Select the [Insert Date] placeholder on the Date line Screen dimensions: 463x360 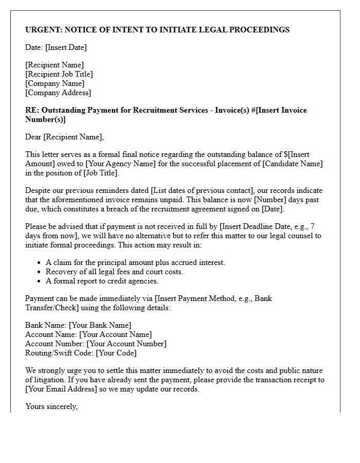[x=66, y=47]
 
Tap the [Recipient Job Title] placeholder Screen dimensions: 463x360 [x=59, y=74]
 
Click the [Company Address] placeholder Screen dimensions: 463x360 [x=58, y=93]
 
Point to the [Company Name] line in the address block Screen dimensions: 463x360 [x=55, y=83]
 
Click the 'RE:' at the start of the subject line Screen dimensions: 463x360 [x=32, y=110]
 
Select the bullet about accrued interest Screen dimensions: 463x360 [x=135, y=262]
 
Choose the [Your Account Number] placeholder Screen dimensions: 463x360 [x=126, y=344]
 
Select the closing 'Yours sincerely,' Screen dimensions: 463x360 [x=51, y=406]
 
